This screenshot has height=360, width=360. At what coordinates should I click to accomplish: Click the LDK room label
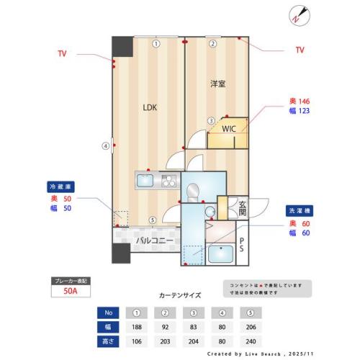pyautogui.click(x=149, y=108)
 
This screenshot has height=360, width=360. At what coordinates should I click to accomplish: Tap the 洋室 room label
pyautogui.click(x=218, y=84)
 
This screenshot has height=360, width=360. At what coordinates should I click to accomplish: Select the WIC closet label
pyautogui.click(x=228, y=129)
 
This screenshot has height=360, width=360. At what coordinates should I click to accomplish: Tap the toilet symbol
pyautogui.click(x=193, y=192)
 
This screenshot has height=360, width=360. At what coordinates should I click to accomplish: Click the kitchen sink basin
pyautogui.click(x=145, y=181)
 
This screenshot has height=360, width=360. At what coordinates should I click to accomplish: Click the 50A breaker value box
pyautogui.click(x=70, y=291)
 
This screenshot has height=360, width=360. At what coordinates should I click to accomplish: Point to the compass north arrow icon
pyautogui.click(x=299, y=14)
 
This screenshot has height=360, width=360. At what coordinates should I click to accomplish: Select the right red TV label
pyautogui.click(x=300, y=50)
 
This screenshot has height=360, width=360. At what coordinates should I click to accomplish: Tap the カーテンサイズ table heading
pyautogui.click(x=179, y=295)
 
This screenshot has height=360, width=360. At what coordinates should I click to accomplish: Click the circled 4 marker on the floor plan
pyautogui.click(x=106, y=145)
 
